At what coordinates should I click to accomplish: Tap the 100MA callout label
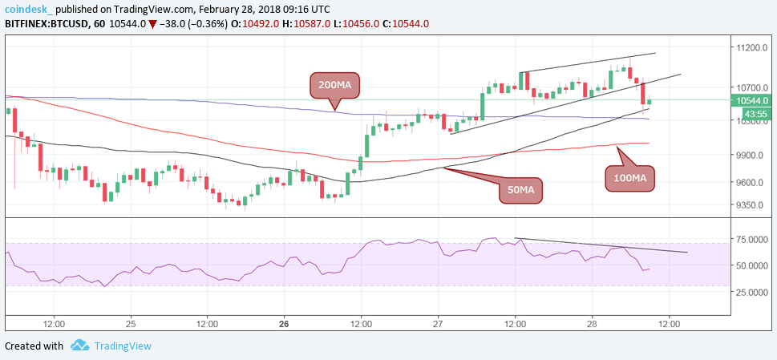click(x=629, y=176)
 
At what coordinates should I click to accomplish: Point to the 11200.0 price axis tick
click(x=753, y=48)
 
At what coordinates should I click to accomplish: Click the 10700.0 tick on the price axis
click(x=753, y=87)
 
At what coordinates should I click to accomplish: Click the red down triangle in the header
click(x=152, y=23)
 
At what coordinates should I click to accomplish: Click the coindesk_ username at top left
click(x=29, y=7)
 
